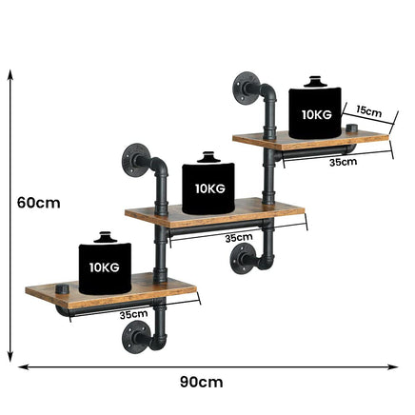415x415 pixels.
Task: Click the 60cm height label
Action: click(39, 203)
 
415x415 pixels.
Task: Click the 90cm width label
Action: click(202, 382)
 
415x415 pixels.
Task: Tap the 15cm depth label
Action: click(368, 111)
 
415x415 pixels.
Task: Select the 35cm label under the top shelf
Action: click(343, 162)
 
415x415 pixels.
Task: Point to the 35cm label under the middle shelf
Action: click(239, 238)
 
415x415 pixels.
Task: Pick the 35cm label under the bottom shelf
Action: click(133, 314)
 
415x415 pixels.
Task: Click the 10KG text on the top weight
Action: click(317, 114)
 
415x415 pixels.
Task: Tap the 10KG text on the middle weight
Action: click(210, 188)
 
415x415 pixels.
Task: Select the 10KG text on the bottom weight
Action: click(105, 267)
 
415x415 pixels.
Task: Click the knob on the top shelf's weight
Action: click(314, 81)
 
